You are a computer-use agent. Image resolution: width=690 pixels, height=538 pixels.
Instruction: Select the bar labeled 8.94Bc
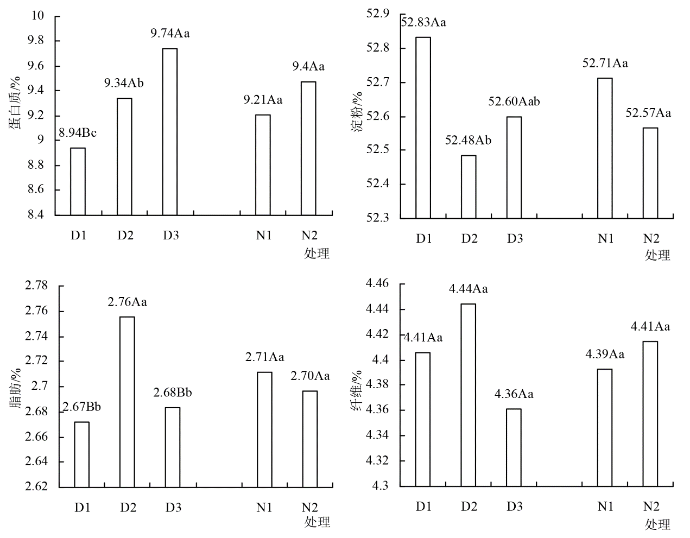click(78, 181)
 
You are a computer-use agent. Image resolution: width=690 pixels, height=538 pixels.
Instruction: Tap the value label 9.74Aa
click(170, 34)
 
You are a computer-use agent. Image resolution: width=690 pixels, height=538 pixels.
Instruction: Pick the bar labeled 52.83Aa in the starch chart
click(423, 128)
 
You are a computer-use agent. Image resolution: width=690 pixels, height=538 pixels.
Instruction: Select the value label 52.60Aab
click(514, 102)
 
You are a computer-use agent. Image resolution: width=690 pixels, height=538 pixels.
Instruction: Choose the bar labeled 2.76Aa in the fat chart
click(127, 402)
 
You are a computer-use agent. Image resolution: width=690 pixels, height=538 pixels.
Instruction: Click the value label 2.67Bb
click(81, 407)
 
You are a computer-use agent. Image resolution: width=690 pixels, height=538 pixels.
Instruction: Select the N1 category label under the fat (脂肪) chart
click(264, 508)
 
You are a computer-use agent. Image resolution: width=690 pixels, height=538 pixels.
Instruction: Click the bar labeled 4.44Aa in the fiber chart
click(468, 395)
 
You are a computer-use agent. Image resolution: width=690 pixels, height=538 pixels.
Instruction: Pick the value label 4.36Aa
click(514, 394)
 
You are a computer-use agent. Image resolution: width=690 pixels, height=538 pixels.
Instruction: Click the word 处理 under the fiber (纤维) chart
click(657, 524)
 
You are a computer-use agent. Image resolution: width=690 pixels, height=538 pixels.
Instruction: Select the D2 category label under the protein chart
click(126, 236)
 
